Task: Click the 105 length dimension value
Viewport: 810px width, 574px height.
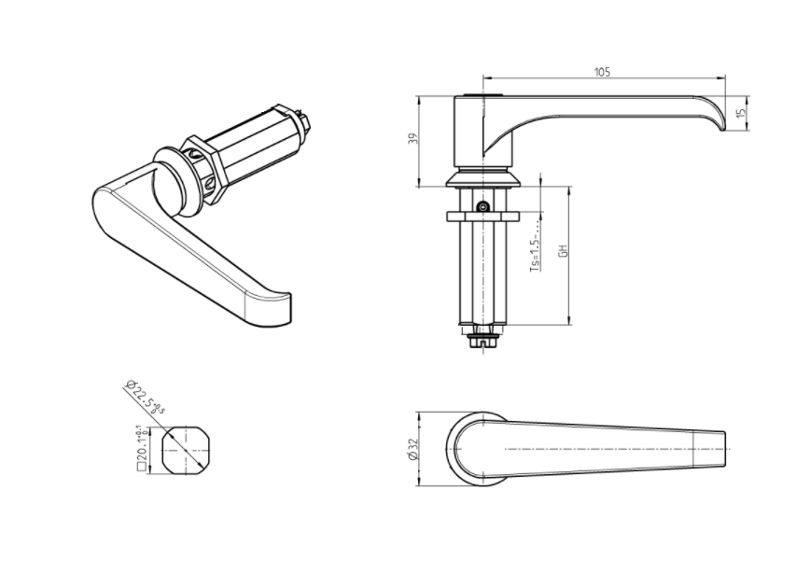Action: (602, 71)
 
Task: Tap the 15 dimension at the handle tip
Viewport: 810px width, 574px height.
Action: (741, 113)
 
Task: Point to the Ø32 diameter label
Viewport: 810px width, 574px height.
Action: (412, 449)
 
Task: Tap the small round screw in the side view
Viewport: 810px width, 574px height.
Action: (482, 207)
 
